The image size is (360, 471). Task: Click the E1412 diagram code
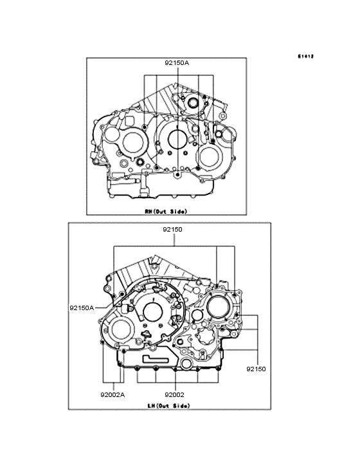click(x=305, y=56)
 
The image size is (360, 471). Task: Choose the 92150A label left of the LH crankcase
click(x=82, y=308)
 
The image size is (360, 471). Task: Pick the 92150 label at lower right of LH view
click(x=255, y=369)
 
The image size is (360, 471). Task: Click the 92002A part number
click(x=112, y=394)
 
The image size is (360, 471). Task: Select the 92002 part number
click(x=174, y=394)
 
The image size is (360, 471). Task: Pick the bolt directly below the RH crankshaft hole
click(x=176, y=174)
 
